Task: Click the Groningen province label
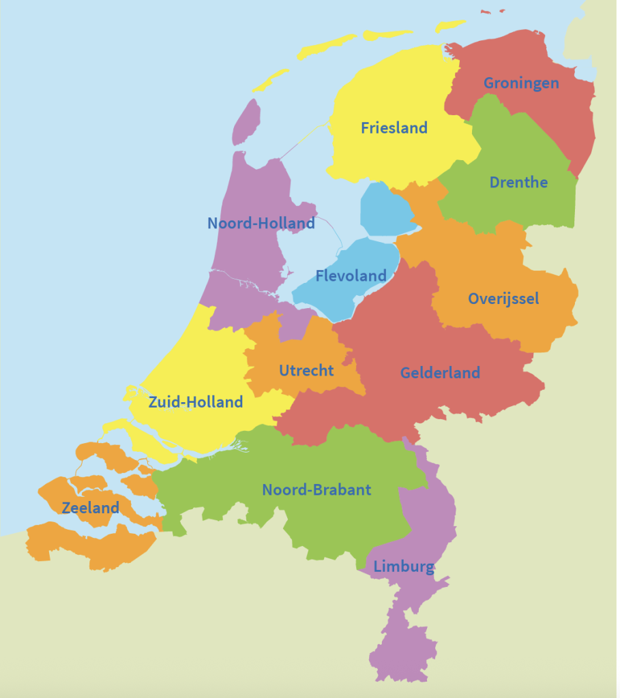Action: [521, 83]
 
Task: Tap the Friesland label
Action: [394, 127]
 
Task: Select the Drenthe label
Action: [518, 182]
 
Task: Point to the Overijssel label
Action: [503, 299]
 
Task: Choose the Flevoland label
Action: [351, 276]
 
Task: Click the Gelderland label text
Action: [440, 373]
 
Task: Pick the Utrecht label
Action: [306, 370]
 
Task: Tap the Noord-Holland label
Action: [261, 223]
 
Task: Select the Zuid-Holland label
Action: [196, 402]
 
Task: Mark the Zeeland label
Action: [90, 507]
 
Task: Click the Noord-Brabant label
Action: [316, 489]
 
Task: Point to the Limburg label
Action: [404, 566]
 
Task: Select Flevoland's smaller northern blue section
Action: [386, 208]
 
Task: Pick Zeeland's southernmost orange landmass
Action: [89, 545]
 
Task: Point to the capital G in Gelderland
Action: [406, 373]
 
